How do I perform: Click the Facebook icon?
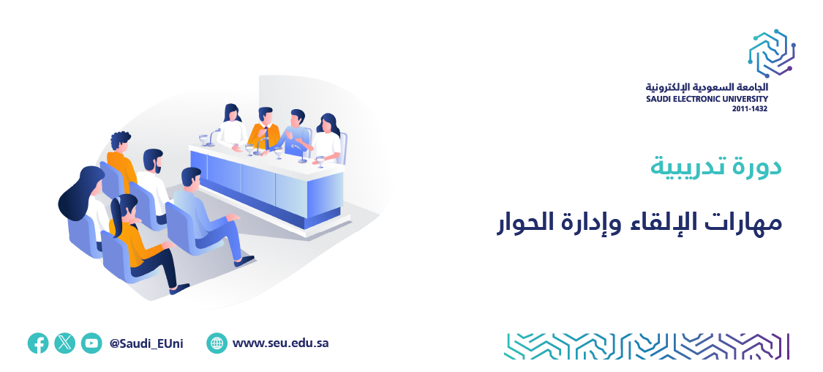[38, 343]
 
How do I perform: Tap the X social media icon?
[64, 343]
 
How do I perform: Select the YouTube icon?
[91, 343]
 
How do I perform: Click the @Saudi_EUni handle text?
[146, 344]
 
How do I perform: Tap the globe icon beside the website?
[217, 343]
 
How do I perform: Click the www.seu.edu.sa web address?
[280, 343]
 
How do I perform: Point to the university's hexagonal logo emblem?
[772, 53]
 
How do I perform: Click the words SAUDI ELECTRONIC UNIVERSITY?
[707, 100]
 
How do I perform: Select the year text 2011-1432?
[750, 109]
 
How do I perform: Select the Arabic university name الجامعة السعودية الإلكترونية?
[707, 87]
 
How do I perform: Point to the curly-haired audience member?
[121, 157]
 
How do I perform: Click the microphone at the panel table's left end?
[211, 137]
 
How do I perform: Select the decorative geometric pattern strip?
[647, 346]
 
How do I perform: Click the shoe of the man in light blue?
[244, 261]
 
